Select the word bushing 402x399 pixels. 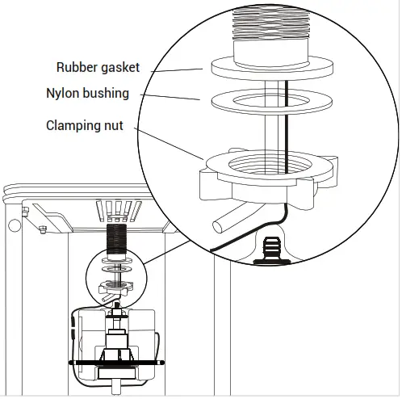(107, 94)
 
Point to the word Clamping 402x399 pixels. (72, 126)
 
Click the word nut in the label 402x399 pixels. (113, 126)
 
